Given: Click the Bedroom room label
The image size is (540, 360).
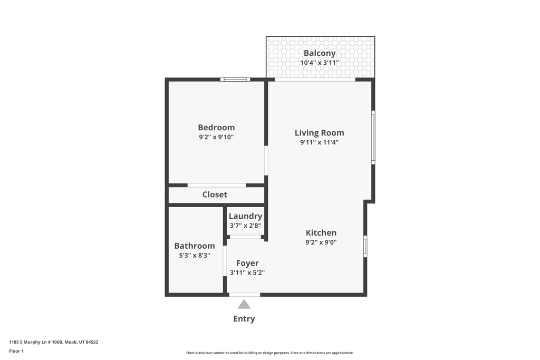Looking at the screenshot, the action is coord(216,128).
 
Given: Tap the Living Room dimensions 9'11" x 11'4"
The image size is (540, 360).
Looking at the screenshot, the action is coord(319,142).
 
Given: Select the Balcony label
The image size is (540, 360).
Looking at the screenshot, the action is coord(320,53).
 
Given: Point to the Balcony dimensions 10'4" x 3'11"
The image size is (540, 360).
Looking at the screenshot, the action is coord(320,63).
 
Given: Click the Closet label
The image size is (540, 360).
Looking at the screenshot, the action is coord(215,194).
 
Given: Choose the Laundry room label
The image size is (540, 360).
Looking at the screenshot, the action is coord(246,216).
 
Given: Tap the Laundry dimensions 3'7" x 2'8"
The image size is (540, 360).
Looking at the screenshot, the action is coord(246,226).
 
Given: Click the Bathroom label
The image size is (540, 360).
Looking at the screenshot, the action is coord(195,246).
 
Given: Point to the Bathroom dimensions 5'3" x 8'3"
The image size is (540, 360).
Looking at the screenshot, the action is coord(195,255).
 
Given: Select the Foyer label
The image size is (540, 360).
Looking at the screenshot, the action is coord(247,264).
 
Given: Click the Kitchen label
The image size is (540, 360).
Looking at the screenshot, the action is coord(321,232).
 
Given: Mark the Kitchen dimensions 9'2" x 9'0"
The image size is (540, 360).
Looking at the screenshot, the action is coord(321,242).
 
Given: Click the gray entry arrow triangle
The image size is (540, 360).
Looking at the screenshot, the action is coord(244,304).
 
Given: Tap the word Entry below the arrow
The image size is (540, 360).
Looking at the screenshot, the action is coord(244,319).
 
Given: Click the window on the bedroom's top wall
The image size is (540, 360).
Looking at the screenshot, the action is coord(235,80).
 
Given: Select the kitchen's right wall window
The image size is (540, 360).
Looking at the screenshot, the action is coord(365,246).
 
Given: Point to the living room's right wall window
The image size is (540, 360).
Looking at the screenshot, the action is coord(373,138).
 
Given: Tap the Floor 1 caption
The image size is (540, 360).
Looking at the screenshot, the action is coord(16,351).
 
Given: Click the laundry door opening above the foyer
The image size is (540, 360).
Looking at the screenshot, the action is coord(246,237).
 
